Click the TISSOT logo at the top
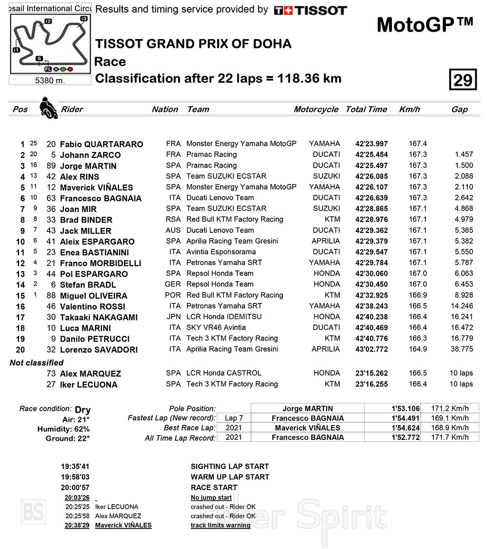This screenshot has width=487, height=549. tap(310, 10)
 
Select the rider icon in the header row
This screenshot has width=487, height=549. tap(48, 108)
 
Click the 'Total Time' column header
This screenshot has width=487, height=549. tap(366, 110)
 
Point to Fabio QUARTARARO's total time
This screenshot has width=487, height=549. tap(372, 144)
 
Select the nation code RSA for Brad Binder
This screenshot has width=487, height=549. tap(173, 220)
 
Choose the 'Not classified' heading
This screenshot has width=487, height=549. tap(37, 363)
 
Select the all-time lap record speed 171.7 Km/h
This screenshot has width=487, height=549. tap(450, 437)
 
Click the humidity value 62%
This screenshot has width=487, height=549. tap(80, 429)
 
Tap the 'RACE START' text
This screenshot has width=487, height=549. tap(214, 488)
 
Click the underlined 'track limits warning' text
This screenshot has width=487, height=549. tap(220, 526)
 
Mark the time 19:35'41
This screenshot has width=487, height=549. tap(75, 466)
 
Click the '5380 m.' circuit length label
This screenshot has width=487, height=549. tap(50, 80)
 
